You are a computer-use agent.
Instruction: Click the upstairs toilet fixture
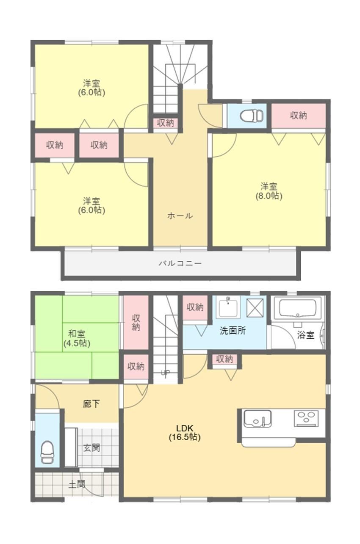coord(252,116)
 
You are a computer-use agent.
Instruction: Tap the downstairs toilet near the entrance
coord(47,453)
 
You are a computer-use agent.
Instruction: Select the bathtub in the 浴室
coord(298,308)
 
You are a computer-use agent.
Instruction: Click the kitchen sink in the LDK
coord(258,419)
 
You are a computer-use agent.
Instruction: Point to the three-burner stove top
coord(306,418)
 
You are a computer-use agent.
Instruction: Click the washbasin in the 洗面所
coord(228,307)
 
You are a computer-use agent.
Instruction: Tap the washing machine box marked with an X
coord(255,308)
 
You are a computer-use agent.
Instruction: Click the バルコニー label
coord(180,263)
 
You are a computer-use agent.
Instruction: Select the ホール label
coord(180,215)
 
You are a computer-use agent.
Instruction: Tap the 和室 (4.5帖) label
coord(77,339)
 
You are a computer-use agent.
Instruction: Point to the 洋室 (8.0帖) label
coord(269,191)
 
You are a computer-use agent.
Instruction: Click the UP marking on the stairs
coord(165,373)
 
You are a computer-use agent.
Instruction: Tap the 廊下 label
coord(91,404)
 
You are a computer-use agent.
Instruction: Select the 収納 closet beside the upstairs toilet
coord(298,116)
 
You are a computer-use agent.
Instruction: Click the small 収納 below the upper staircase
coord(166,123)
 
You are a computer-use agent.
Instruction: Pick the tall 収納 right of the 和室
coord(136,322)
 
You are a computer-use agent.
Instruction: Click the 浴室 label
coord(306,335)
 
